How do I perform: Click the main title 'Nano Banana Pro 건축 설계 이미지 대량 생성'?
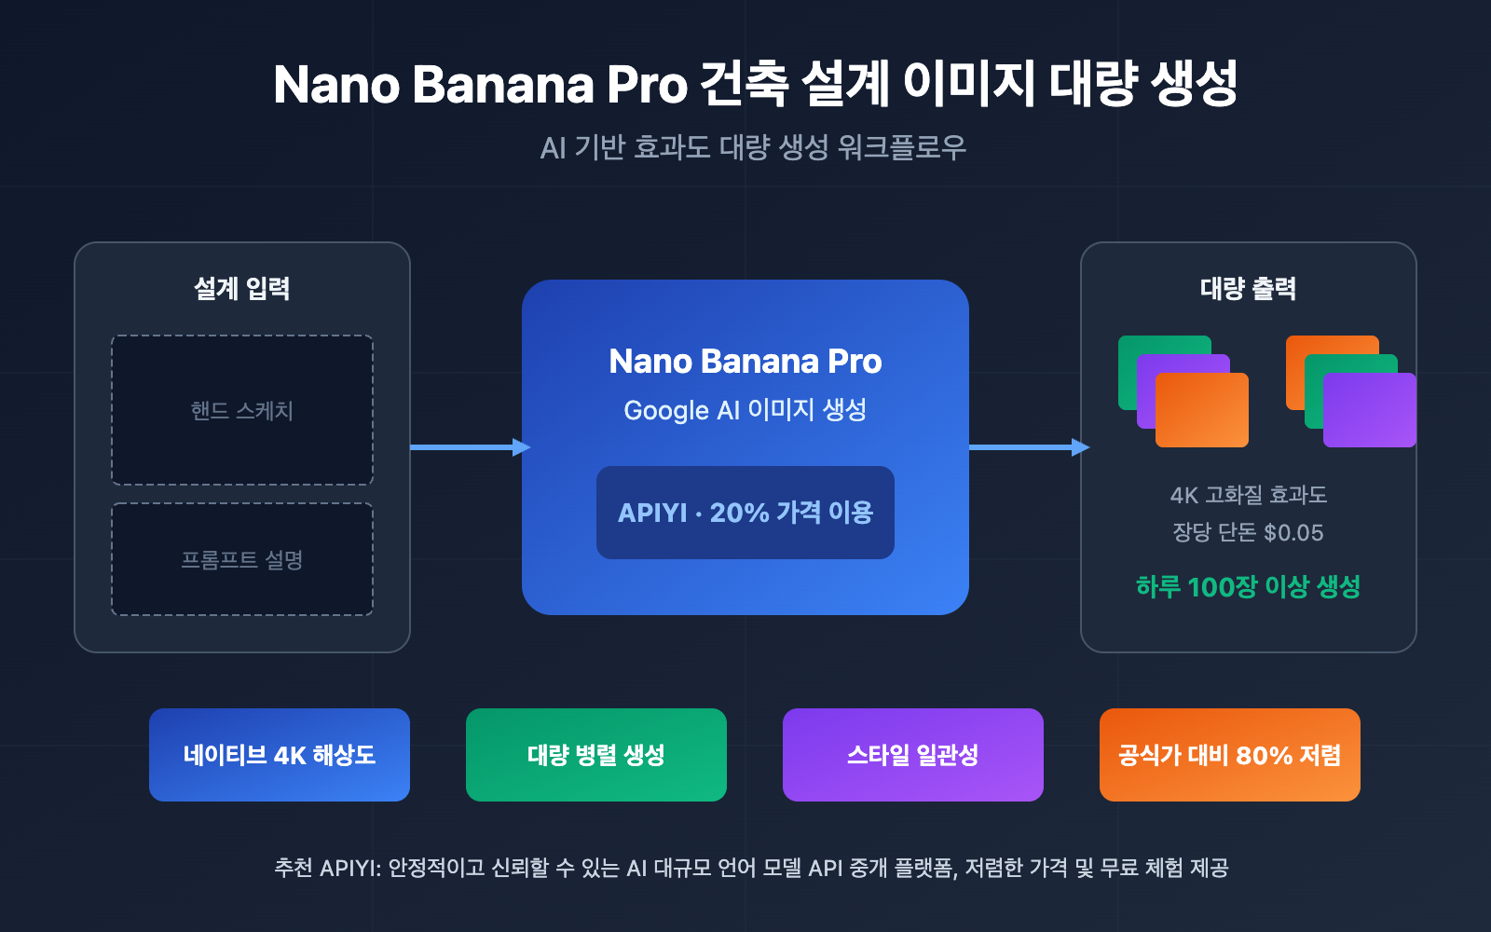click(755, 84)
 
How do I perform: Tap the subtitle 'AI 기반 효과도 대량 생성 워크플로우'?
click(753, 147)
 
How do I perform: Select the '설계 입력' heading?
click(242, 288)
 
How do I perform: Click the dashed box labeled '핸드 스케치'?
click(242, 410)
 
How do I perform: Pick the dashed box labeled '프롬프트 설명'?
click(242, 559)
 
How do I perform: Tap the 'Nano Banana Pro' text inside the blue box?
click(745, 361)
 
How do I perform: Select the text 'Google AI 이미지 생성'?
click(745, 410)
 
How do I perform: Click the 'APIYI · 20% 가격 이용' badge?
click(745, 513)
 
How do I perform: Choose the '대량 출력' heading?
click(1248, 288)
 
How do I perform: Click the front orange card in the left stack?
click(1202, 410)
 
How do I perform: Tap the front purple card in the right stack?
click(1370, 410)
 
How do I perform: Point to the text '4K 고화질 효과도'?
click(1248, 495)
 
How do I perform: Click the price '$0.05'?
click(1293, 533)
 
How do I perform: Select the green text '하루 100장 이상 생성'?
click(1248, 586)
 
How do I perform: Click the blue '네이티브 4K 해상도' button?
click(280, 755)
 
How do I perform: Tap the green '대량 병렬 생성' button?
click(596, 755)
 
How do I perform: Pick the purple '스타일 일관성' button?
click(913, 755)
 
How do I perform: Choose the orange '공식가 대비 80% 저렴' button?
click(1230, 755)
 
